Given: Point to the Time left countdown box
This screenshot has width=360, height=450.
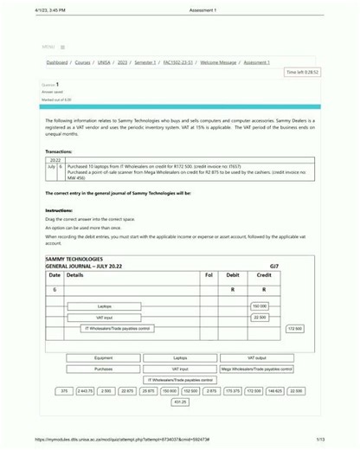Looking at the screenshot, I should coord(302,73).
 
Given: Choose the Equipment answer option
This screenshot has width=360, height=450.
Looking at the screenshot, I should coord(103,357).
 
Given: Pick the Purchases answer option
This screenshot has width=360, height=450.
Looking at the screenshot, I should coord(103,369).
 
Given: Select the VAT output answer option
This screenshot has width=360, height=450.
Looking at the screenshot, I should coord(256,357).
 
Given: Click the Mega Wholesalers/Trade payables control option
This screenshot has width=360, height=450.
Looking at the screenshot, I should coord(256,369).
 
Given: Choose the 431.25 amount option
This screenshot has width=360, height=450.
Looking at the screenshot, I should coord(180,402).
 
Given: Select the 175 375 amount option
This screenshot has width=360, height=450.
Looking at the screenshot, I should coord(233,391).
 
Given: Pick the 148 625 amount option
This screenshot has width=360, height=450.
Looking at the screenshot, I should coord(275,391).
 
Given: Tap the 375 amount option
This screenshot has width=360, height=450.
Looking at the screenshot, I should coord(63,391).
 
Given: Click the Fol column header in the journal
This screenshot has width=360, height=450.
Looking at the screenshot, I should coord(209,274).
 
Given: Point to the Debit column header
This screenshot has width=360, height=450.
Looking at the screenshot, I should coord(232,274).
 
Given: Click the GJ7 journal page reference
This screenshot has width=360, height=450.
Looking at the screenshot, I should coord(274,266).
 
